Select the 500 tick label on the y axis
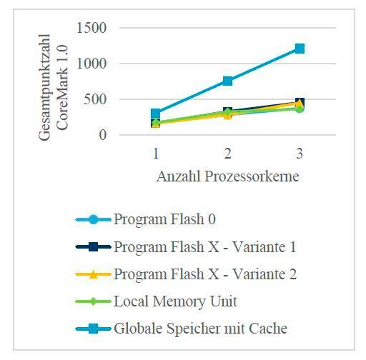click(96, 99)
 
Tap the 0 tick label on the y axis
click(104, 134)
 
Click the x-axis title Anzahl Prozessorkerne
click(227, 176)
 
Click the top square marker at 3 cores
click(300, 49)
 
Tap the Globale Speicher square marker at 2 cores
click(227, 81)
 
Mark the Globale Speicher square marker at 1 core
click(155, 114)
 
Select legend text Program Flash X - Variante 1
click(204, 247)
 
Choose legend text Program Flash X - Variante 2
click(204, 274)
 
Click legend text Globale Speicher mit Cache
click(200, 329)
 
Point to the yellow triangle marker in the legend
click(94, 274)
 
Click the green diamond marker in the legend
click(94, 301)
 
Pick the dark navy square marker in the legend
click(94, 247)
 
